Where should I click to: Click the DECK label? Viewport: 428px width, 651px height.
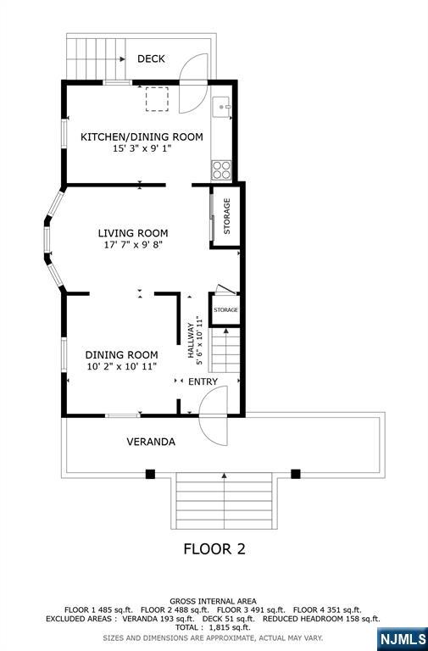pyautogui.click(x=151, y=59)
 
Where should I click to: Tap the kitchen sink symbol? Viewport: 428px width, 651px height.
pyautogui.click(x=221, y=107)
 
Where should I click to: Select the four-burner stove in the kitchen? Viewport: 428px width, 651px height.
pyautogui.click(x=221, y=170)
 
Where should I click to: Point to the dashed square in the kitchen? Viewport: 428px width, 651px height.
pyautogui.click(x=157, y=99)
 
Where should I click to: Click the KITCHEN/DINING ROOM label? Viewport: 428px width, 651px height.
pyautogui.click(x=142, y=136)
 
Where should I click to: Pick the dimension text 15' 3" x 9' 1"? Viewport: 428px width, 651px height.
pyautogui.click(x=142, y=148)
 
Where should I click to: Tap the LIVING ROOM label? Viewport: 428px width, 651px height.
pyautogui.click(x=133, y=233)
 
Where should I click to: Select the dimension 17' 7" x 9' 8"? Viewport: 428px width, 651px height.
pyautogui.click(x=133, y=245)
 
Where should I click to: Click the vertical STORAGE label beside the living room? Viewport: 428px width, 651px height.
pyautogui.click(x=226, y=216)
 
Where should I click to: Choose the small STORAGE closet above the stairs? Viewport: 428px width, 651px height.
pyautogui.click(x=225, y=309)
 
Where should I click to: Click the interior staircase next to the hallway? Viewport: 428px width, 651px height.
pyautogui.click(x=225, y=349)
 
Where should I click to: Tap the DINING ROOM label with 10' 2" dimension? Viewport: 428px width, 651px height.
pyautogui.click(x=122, y=355)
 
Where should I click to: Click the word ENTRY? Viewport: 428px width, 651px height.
pyautogui.click(x=203, y=381)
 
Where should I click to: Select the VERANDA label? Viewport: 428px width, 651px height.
pyautogui.click(x=151, y=442)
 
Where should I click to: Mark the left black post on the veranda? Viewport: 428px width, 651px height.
pyautogui.click(x=150, y=474)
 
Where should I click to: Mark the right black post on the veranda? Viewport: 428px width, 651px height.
pyautogui.click(x=296, y=474)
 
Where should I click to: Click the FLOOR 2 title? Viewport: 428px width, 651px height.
pyautogui.click(x=214, y=549)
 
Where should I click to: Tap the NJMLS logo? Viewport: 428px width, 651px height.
pyautogui.click(x=403, y=638)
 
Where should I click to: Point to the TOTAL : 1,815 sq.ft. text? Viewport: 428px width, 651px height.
pyautogui.click(x=213, y=627)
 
